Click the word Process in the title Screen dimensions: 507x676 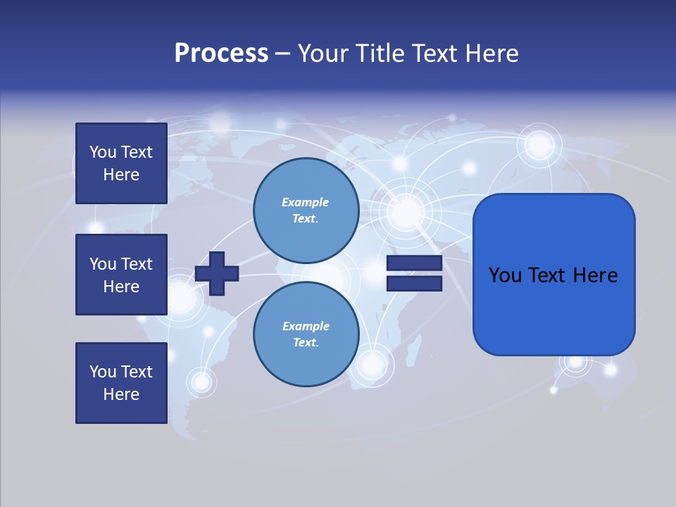[x=221, y=54]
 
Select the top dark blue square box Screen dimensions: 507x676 [x=121, y=163]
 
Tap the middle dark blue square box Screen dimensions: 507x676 [x=121, y=275]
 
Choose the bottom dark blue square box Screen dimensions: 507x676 [x=121, y=383]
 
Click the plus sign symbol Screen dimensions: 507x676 [x=217, y=273]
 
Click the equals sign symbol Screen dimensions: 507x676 [x=414, y=273]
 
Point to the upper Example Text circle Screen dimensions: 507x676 [x=306, y=210]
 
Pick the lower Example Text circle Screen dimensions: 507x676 [x=306, y=334]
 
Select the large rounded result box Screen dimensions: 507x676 [x=553, y=275]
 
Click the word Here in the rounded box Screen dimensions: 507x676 [x=596, y=275]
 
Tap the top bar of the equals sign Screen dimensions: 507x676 [x=414, y=263]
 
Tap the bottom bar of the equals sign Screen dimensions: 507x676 [x=414, y=284]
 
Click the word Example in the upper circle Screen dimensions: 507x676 [x=306, y=202]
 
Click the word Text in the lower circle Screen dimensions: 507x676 [x=304, y=342]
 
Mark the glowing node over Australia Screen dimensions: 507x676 [x=576, y=361]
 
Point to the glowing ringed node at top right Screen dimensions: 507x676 [x=540, y=146]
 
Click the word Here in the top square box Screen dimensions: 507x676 [x=121, y=175]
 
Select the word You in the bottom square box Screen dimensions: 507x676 [x=103, y=372]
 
